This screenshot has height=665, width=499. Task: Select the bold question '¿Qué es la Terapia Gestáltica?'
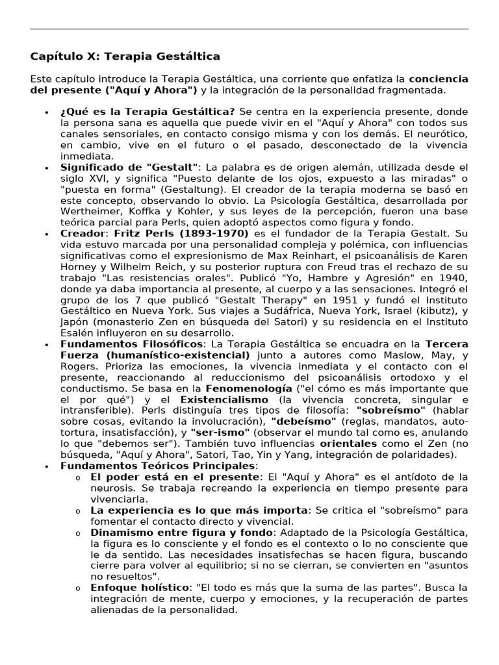point(147,112)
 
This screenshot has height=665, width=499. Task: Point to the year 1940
point(454,277)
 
